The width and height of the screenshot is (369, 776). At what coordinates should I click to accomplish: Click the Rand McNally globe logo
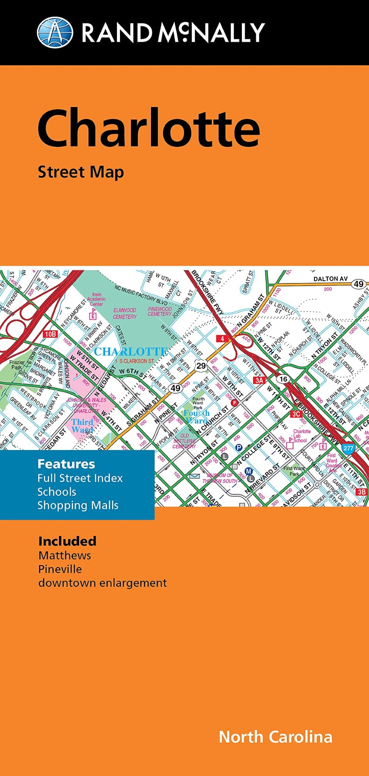55,33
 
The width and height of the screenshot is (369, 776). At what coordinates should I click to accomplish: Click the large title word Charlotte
149,128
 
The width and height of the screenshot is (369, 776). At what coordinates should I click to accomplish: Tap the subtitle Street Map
81,172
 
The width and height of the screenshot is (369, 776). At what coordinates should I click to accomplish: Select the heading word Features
66,464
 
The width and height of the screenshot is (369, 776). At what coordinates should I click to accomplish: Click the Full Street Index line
80,478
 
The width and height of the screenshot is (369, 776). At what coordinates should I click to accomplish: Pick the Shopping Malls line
78,505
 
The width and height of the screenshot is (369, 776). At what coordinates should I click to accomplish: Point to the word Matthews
65,555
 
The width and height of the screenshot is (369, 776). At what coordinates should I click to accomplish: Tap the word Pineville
60,569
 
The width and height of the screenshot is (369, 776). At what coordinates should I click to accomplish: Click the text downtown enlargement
102,583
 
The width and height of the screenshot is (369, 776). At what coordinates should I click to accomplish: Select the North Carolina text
275,737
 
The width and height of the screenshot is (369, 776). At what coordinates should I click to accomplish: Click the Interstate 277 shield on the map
348,448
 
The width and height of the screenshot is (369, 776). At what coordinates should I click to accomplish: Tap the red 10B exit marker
51,334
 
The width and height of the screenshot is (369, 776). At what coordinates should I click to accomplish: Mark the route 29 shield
201,366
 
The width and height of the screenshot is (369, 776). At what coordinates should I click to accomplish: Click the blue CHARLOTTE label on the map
131,351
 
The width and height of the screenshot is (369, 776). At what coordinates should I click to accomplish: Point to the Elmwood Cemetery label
125,314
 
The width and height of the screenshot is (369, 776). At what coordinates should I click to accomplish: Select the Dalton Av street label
330,279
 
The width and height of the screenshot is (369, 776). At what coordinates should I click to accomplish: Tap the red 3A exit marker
260,380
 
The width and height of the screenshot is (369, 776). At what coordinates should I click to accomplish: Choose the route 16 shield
283,379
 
